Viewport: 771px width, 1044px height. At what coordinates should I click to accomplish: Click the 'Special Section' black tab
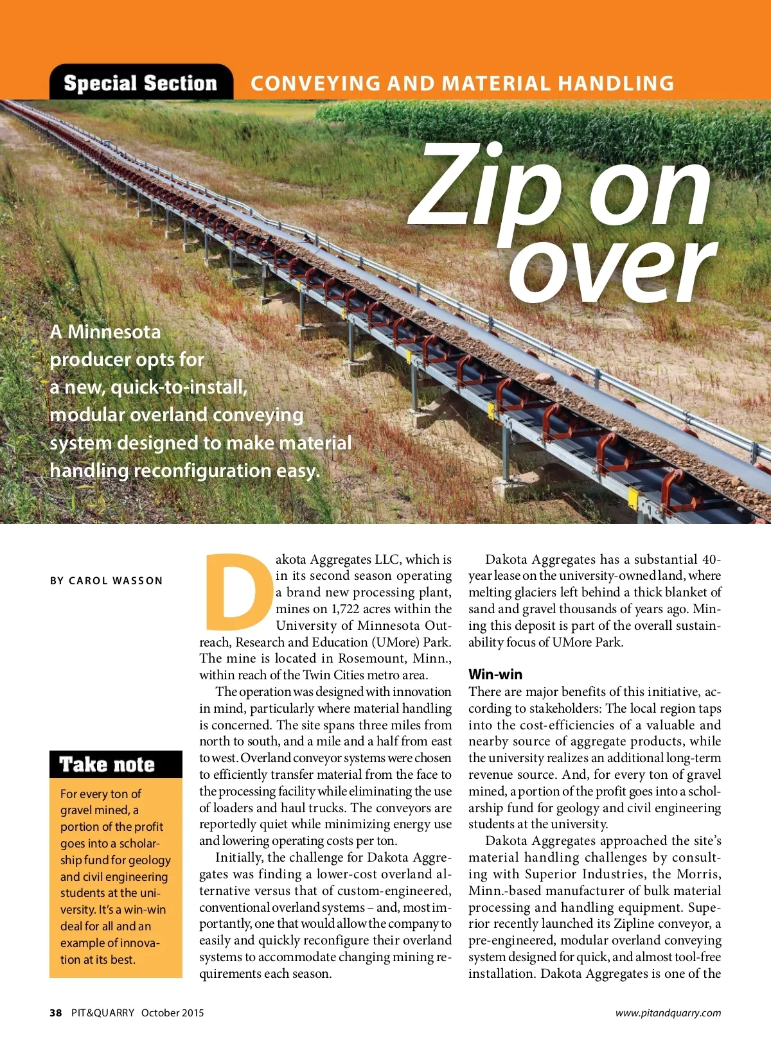pos(141,83)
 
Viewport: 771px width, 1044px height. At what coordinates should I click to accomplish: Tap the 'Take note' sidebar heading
pos(107,765)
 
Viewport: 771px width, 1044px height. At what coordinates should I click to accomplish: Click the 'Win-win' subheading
pos(495,675)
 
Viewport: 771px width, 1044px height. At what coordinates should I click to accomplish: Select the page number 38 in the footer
pos(56,1013)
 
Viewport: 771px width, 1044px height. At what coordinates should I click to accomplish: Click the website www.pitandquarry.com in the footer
pos(668,1013)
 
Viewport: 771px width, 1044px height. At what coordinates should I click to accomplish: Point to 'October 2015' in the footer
pos(172,1013)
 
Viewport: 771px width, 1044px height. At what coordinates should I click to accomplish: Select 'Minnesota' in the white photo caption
pos(114,332)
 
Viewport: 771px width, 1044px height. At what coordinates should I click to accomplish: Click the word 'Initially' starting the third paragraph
pos(239,858)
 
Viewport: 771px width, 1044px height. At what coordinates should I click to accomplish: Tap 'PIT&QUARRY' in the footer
pos(103,1013)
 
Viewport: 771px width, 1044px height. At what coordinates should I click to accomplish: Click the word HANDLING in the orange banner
pos(616,83)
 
